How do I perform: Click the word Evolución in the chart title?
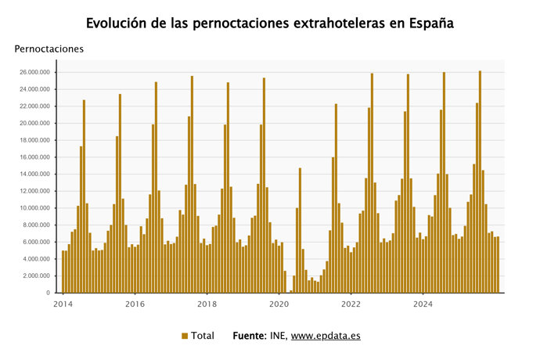click(118, 23)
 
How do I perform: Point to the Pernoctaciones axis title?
click(49, 49)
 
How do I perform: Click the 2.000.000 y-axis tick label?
click(36, 276)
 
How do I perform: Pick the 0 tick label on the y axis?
click(48, 293)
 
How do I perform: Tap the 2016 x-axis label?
click(135, 304)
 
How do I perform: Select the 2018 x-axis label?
click(207, 304)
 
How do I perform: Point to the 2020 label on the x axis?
click(279, 304)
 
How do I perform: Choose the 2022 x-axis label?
click(351, 304)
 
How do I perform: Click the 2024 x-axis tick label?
click(423, 304)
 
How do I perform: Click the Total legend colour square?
click(185, 336)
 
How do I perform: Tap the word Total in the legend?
click(203, 336)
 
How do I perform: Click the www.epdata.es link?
click(326, 336)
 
